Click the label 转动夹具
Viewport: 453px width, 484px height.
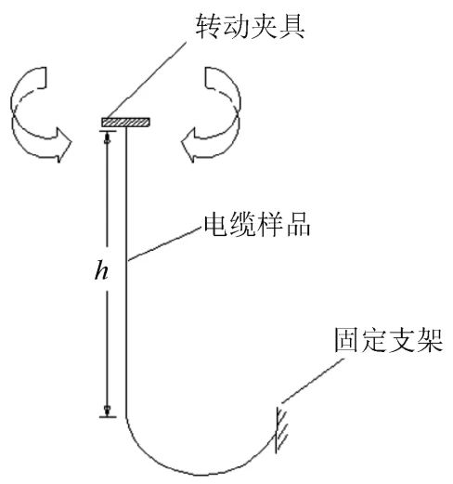pos(250,26)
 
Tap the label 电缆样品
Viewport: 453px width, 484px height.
pos(257,225)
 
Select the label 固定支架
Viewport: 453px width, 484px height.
pos(389,340)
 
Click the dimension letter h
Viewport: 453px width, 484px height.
pos(101,270)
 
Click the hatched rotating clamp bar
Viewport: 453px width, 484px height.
pos(125,122)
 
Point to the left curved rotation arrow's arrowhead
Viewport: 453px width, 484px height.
pos(63,144)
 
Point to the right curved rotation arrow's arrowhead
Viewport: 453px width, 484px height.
pos(189,145)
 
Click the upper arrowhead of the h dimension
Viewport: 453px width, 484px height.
pos(108,137)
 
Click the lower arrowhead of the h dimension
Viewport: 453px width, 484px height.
pos(108,411)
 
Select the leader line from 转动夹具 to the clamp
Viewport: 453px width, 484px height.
pos(147,80)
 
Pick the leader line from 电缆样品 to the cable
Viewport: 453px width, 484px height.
pos(165,244)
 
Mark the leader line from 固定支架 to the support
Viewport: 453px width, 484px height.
pos(313,381)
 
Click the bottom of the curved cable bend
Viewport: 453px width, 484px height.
pos(198,475)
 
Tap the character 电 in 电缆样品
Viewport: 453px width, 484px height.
pos(215,225)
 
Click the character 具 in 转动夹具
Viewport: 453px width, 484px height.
pos(292,26)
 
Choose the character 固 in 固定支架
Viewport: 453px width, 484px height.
pos(346,340)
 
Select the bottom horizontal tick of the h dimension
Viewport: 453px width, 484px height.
pos(108,417)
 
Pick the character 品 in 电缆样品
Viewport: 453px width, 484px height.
pos(298,225)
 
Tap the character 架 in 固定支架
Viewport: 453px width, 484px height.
pos(431,340)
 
